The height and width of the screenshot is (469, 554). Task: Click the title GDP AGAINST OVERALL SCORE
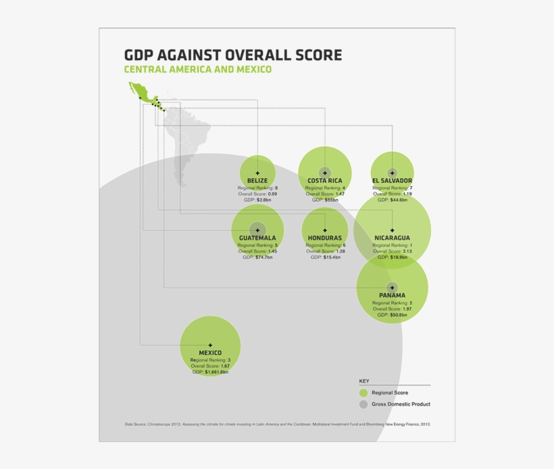[233, 55]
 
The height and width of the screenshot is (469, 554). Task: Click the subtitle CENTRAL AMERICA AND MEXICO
[197, 70]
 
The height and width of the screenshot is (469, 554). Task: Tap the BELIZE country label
[257, 181]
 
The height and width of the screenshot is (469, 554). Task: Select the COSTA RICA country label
[325, 181]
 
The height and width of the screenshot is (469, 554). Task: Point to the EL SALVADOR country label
[392, 181]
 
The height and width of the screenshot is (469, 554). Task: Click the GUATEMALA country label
[257, 238]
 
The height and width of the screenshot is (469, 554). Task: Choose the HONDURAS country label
[325, 238]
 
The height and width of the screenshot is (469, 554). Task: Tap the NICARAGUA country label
[392, 238]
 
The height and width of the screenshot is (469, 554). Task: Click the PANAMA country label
[392, 296]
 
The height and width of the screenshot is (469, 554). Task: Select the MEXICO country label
[210, 353]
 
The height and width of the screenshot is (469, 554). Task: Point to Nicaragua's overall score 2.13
[407, 251]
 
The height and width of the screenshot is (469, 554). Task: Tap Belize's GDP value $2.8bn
[263, 200]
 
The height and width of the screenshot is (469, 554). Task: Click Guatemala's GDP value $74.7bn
[263, 258]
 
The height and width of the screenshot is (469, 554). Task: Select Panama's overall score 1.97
[407, 308]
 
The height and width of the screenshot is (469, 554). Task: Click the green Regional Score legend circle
[363, 393]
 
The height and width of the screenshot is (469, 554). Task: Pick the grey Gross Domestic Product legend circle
[363, 404]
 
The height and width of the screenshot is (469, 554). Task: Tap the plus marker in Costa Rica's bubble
[325, 173]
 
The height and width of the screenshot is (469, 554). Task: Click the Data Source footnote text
[277, 424]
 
